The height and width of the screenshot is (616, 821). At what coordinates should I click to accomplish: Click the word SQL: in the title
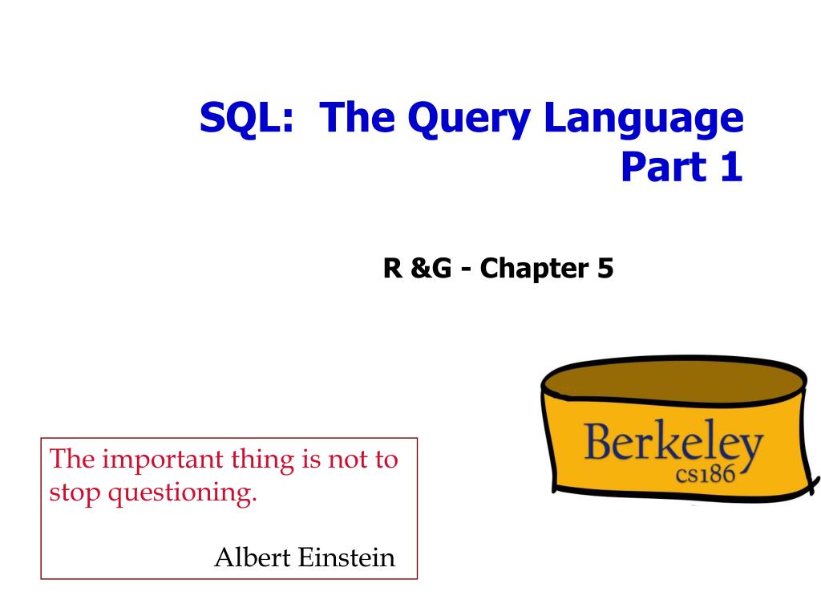pyautogui.click(x=246, y=118)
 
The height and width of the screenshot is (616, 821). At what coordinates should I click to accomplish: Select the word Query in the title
pyautogui.click(x=469, y=120)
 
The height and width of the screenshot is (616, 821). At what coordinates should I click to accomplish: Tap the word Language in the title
pyautogui.click(x=644, y=120)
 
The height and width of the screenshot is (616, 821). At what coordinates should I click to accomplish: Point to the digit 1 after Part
pyautogui.click(x=732, y=167)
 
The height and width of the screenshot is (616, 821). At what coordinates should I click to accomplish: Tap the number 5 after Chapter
pyautogui.click(x=605, y=268)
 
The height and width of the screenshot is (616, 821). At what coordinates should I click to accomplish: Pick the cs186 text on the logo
pyautogui.click(x=706, y=474)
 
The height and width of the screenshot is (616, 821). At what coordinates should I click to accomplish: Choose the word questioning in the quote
pyautogui.click(x=182, y=493)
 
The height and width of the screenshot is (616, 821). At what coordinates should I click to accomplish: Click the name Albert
pyautogui.click(x=253, y=557)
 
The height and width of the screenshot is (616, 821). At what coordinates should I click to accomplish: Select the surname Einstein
pyautogui.click(x=346, y=557)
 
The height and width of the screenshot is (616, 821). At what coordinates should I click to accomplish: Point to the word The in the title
pyautogui.click(x=357, y=118)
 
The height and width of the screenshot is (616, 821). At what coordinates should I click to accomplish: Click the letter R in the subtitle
pyautogui.click(x=393, y=268)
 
